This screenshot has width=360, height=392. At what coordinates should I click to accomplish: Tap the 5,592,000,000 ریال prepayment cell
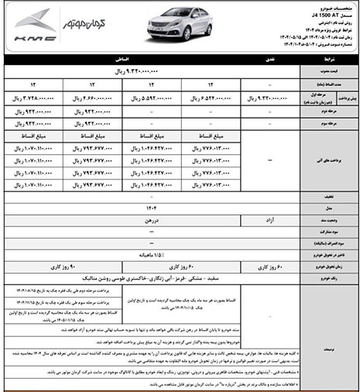point(152,98)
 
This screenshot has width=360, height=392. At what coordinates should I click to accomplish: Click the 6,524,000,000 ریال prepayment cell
point(211,98)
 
